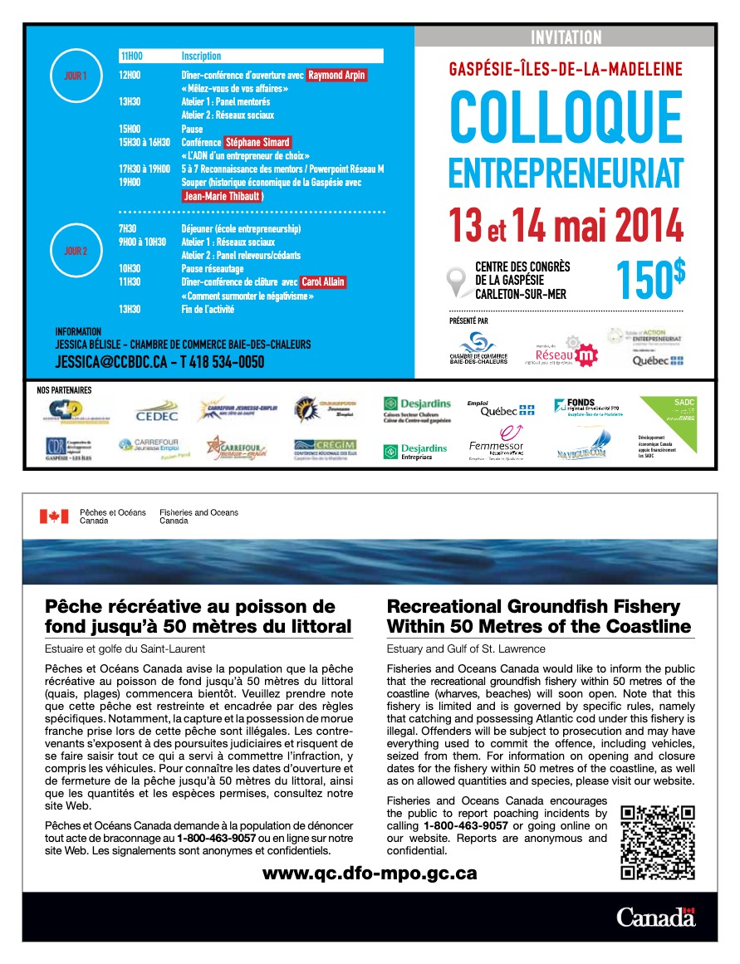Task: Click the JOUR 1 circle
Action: click(75, 76)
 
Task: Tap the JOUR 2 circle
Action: click(75, 249)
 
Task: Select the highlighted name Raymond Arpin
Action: click(337, 76)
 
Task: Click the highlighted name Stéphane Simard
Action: click(257, 142)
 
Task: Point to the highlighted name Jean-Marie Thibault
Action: click(223, 196)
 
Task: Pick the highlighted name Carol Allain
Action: click(322, 281)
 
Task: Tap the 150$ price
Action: click(650, 280)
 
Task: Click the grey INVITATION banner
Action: click(565, 37)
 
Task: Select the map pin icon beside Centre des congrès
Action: click(455, 281)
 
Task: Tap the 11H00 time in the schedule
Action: click(131, 56)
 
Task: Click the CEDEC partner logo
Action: click(156, 411)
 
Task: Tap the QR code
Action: click(658, 842)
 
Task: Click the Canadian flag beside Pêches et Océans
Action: click(54, 516)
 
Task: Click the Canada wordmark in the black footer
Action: click(655, 918)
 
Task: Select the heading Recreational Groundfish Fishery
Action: click(533, 606)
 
